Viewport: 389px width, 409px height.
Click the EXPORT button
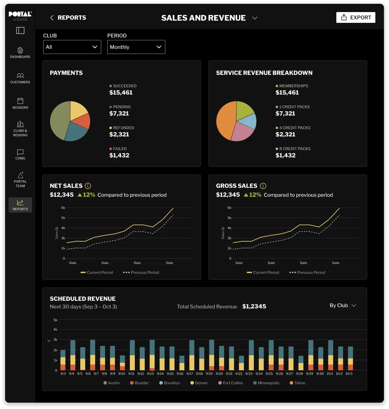click(x=356, y=17)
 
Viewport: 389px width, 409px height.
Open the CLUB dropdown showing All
click(x=72, y=47)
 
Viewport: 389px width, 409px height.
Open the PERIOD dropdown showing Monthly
click(x=136, y=47)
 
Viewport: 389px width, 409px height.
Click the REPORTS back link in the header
click(x=68, y=18)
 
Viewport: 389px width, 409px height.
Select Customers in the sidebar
click(x=20, y=78)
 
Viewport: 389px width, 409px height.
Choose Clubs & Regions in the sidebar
click(x=20, y=129)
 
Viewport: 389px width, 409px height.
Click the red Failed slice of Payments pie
click(x=83, y=121)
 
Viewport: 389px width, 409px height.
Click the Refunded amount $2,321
click(x=119, y=134)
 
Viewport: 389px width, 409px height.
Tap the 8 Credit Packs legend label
click(x=294, y=148)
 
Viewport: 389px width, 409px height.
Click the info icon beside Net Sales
click(x=88, y=186)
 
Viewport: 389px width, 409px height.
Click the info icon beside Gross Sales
click(x=263, y=186)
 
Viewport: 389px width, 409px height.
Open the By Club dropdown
click(x=343, y=305)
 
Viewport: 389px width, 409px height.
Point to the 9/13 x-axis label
click(x=150, y=374)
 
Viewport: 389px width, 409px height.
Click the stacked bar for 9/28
click(x=301, y=363)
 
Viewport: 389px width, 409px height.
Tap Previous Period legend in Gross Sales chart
click(x=307, y=273)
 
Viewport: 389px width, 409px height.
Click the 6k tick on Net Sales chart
click(x=63, y=208)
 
